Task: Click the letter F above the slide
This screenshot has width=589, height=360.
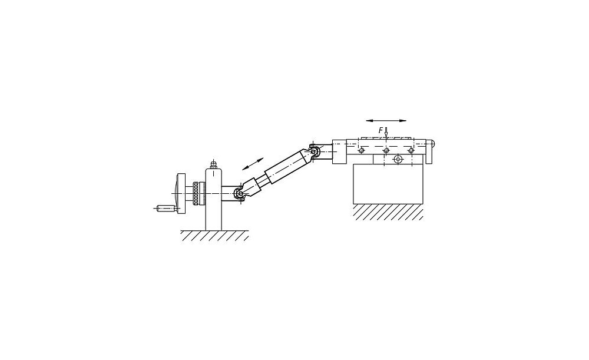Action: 381,130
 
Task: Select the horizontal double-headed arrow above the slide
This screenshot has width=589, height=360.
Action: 386,121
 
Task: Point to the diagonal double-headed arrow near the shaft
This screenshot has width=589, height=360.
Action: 253,164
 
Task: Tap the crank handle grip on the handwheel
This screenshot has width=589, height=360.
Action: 166,207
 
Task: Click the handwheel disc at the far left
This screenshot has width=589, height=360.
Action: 182,193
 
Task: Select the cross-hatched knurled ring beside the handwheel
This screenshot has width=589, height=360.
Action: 197,193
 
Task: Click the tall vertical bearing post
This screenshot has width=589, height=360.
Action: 214,200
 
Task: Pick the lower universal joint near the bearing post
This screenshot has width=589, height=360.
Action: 239,193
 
